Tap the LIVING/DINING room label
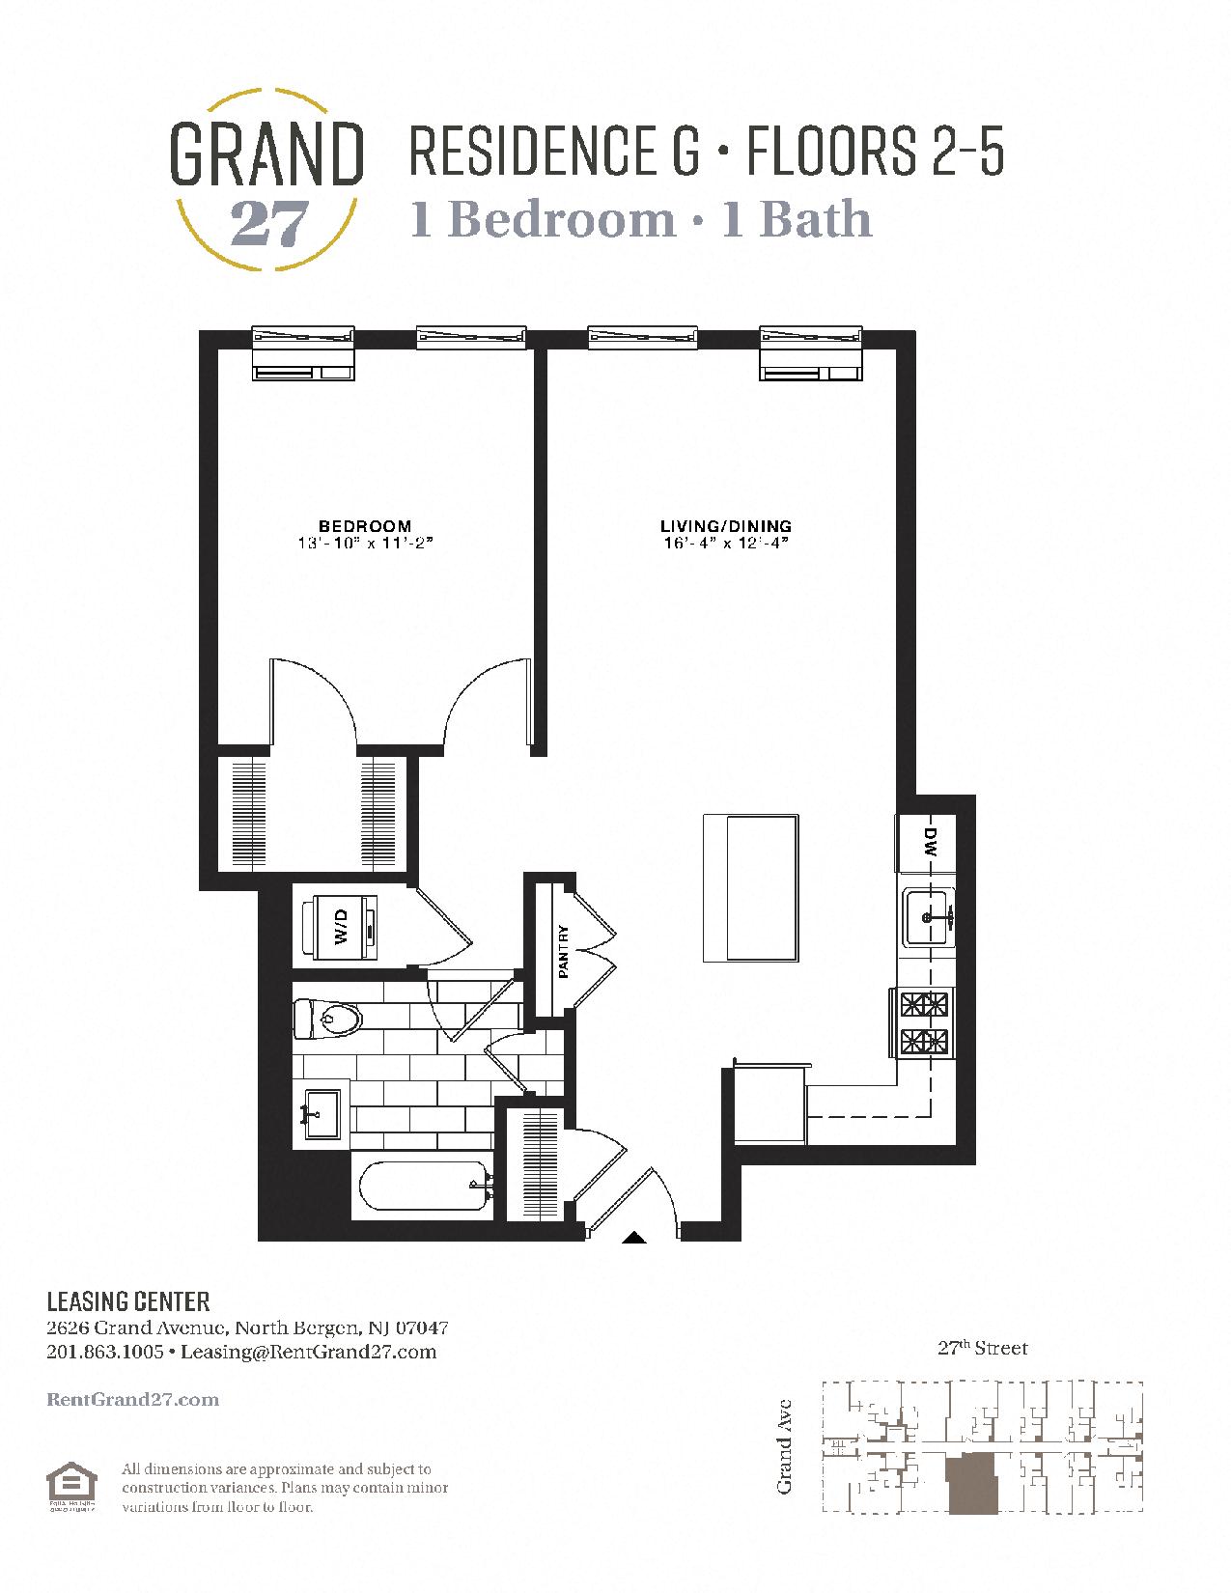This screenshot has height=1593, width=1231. (x=725, y=526)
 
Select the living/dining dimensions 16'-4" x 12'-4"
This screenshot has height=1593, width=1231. (x=725, y=544)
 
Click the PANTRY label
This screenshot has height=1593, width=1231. (x=563, y=952)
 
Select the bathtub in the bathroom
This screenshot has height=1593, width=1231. (x=424, y=1185)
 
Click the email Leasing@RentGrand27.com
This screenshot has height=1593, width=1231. (x=308, y=1352)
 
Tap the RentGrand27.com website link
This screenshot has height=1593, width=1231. (x=132, y=1399)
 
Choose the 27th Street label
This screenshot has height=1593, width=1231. (x=982, y=1348)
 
